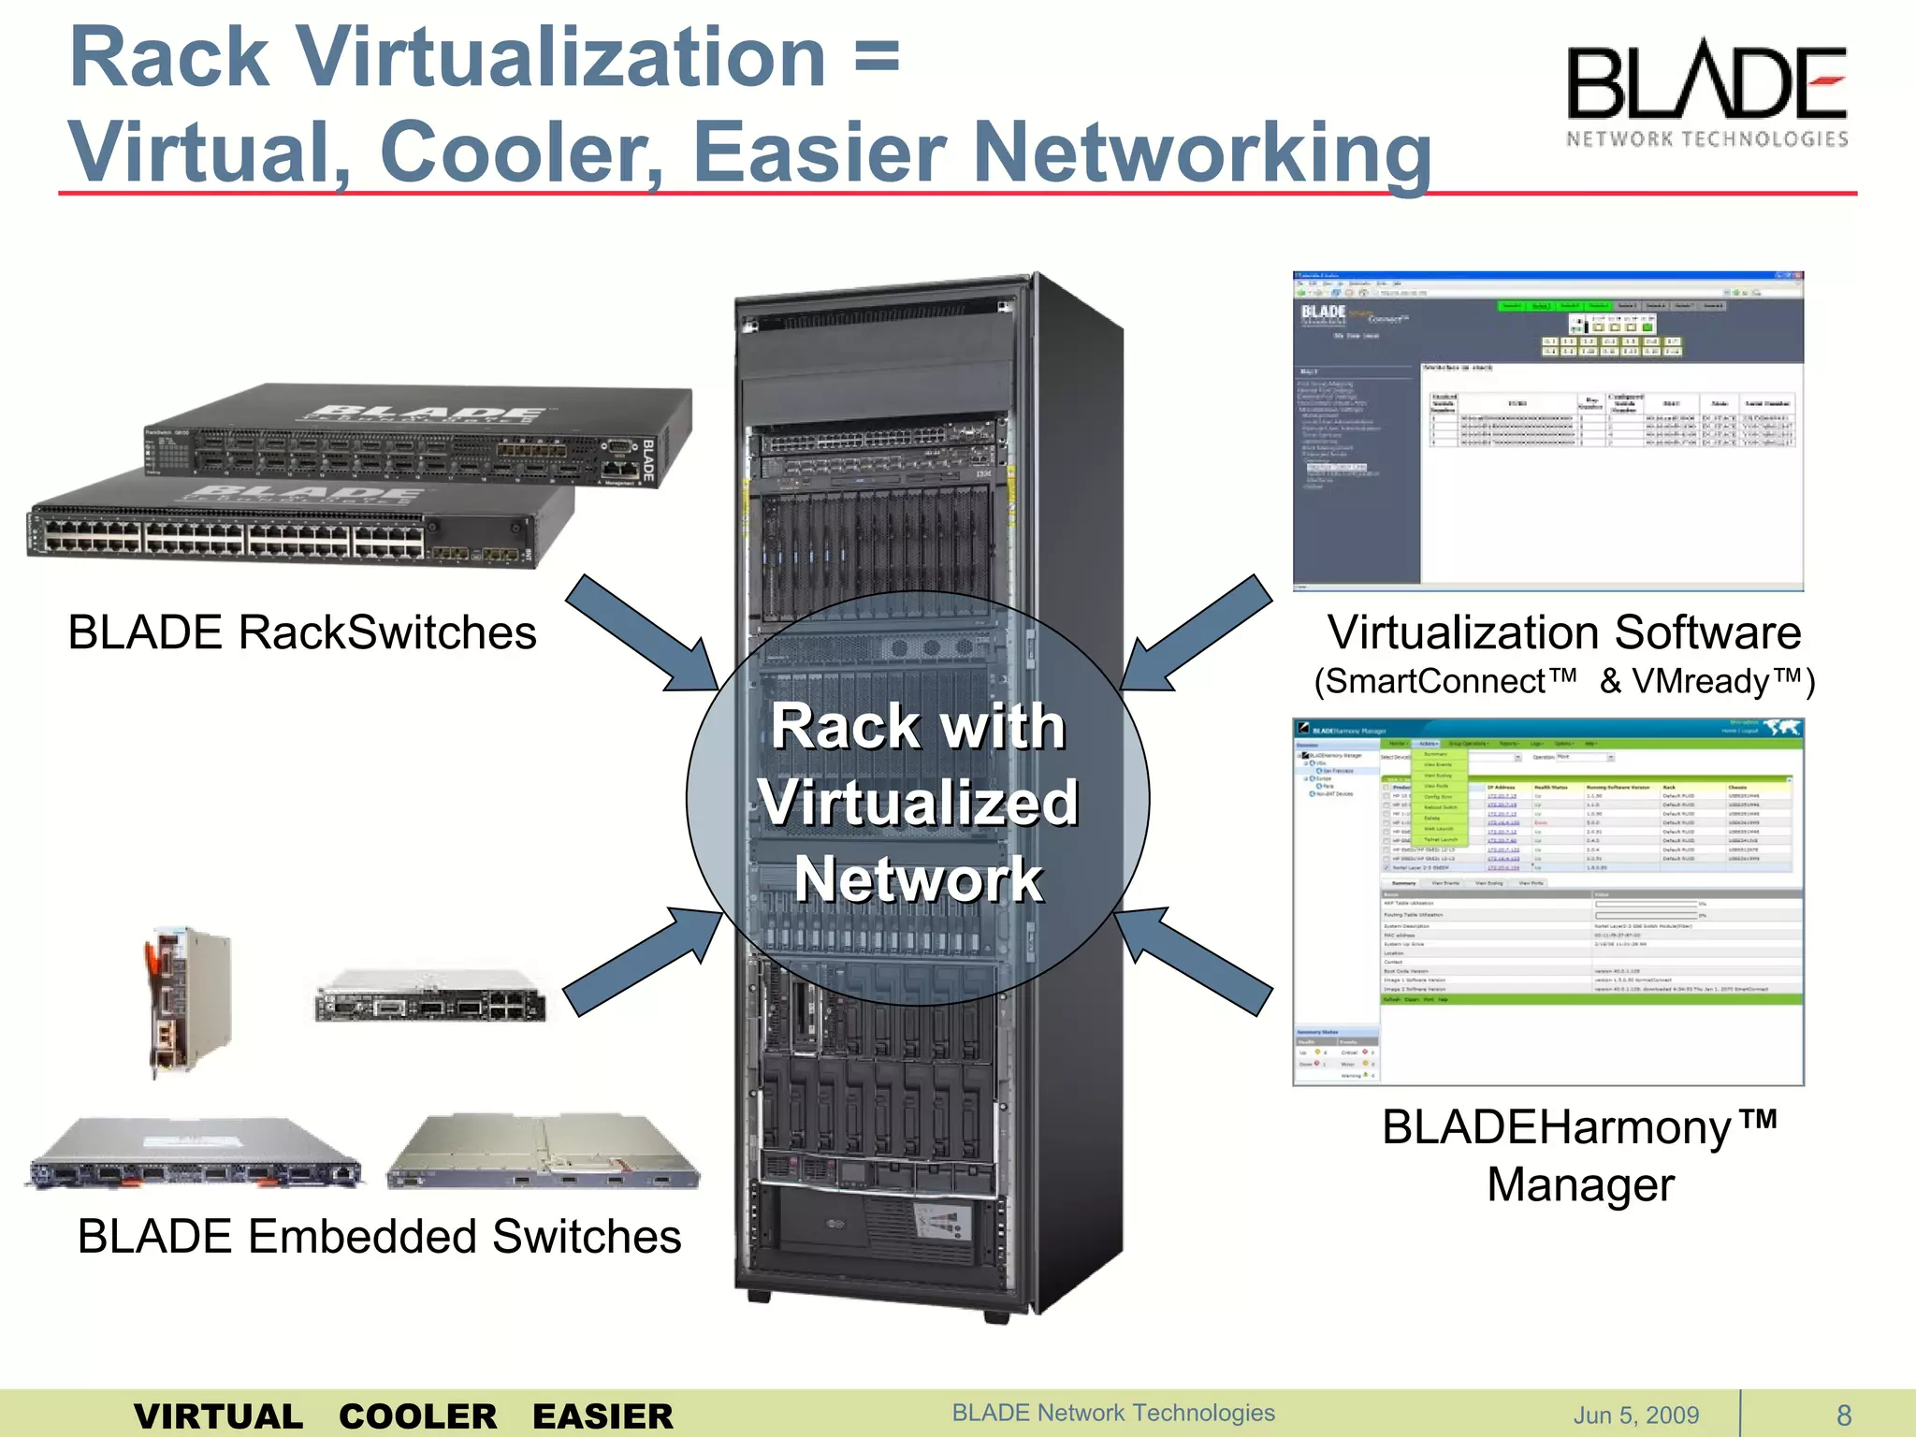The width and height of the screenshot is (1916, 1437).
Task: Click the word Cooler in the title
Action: [521, 152]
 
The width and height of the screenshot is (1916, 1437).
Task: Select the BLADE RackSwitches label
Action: [302, 632]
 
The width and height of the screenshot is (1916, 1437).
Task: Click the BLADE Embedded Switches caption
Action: [379, 1236]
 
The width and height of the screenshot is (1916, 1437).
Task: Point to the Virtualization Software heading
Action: [1563, 632]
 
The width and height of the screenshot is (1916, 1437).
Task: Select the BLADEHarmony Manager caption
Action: [1579, 1155]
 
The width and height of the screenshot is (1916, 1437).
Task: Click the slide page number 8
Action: [1844, 1415]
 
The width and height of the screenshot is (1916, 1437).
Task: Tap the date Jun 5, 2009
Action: [1635, 1415]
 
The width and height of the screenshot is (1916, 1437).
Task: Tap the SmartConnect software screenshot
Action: [1547, 431]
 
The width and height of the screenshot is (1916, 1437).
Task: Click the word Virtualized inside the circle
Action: [918, 803]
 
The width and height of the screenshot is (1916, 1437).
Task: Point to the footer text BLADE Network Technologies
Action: [1113, 1413]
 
